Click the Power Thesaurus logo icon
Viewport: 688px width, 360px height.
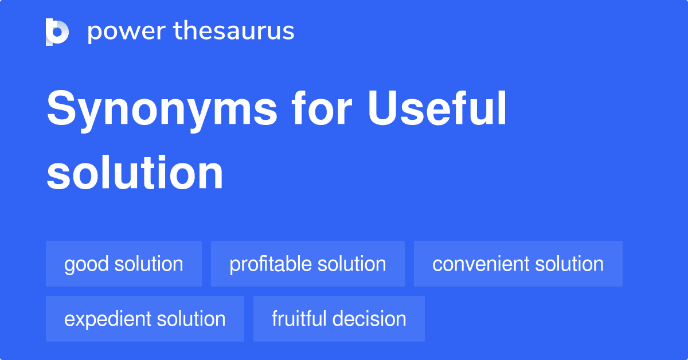click(57, 32)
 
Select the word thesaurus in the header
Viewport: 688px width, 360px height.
click(234, 32)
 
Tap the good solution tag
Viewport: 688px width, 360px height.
click(124, 264)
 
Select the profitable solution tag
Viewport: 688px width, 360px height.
click(308, 264)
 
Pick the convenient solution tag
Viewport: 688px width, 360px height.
click(518, 264)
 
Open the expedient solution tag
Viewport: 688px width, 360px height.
click(145, 319)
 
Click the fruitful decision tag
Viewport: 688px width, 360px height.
click(339, 319)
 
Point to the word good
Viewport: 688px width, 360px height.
click(87, 264)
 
